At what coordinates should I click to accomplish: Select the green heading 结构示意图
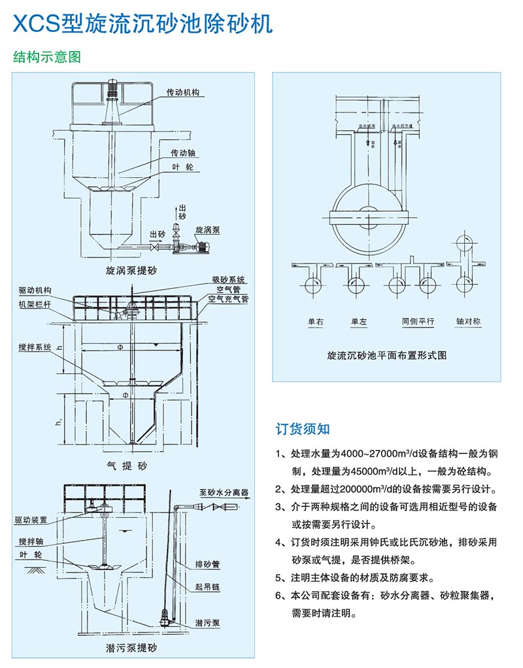click(47, 57)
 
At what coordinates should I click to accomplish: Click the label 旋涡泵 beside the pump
click(208, 231)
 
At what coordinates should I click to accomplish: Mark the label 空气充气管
click(228, 299)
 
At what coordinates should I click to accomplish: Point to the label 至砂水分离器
click(224, 492)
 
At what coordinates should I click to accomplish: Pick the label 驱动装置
click(31, 520)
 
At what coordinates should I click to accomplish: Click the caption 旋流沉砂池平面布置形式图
click(386, 356)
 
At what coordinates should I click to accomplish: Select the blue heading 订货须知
click(302, 429)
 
